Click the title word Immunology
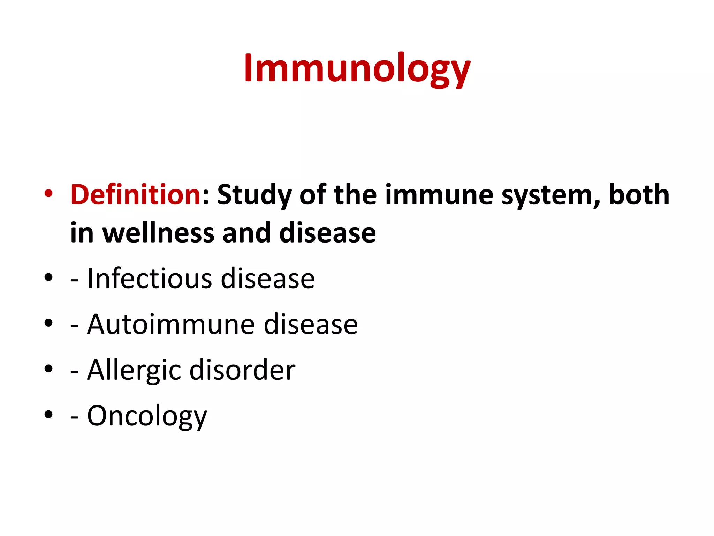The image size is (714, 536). [357, 68]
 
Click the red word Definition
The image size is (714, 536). [135, 195]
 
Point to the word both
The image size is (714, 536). [639, 195]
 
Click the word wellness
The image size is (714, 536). [158, 233]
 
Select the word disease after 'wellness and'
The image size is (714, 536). [327, 233]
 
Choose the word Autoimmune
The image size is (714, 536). [171, 324]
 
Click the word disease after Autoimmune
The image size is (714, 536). [311, 324]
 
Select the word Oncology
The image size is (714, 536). [147, 416]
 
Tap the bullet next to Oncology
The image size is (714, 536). [48, 414]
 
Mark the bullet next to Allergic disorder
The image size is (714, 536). [48, 368]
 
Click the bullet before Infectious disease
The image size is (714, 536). [48, 277]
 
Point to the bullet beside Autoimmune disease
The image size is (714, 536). [48, 323]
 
